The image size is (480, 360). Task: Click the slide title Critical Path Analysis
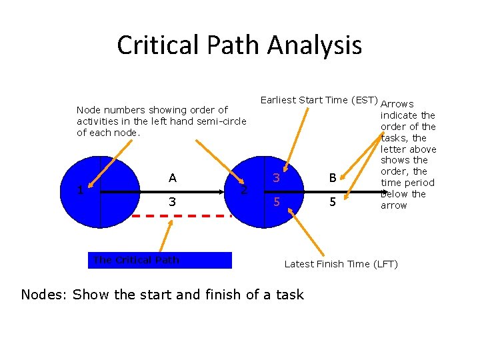pos(239,45)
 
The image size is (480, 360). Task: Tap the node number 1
pos(80,190)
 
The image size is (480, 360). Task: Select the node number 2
pos(244,191)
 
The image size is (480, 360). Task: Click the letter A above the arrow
pos(173,178)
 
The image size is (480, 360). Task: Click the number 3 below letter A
pos(173,202)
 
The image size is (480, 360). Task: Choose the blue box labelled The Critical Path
pos(161,260)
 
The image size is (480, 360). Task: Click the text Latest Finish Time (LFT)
pos(341,264)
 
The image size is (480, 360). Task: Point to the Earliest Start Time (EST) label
pos(319,100)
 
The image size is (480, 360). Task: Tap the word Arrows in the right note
pos(397,104)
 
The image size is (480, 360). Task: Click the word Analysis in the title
pos(314,45)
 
